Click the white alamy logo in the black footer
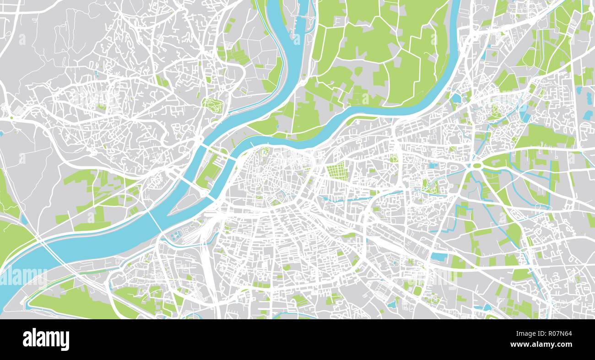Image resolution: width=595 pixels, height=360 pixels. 46,339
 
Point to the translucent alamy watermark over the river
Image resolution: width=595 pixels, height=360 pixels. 23,277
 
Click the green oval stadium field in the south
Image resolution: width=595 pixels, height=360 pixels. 417,290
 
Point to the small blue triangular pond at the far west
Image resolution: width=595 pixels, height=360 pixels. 2,134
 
